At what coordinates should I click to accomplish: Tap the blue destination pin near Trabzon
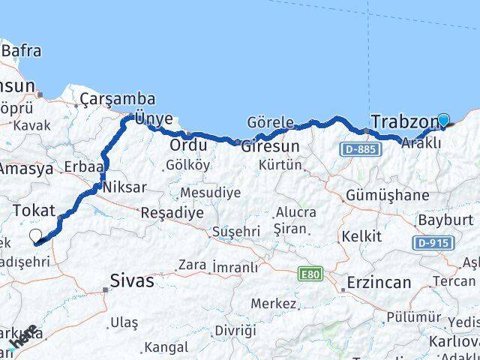[443, 120]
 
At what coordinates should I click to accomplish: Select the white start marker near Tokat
[35, 237]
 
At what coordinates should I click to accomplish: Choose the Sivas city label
[132, 281]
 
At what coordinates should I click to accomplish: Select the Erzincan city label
[379, 283]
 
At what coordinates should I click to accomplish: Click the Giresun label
[270, 146]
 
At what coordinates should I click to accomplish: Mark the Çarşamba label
[118, 99]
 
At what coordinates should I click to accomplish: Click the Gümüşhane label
[388, 196]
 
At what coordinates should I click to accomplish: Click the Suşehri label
[235, 232]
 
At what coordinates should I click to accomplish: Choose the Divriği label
[235, 331]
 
